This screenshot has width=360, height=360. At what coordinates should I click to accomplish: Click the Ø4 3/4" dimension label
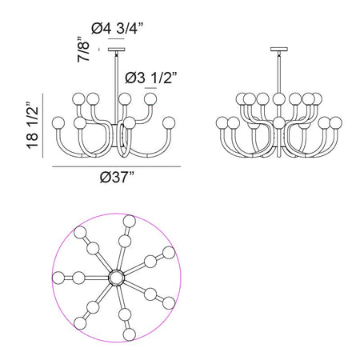[118, 28]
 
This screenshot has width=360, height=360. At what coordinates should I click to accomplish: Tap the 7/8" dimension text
[83, 50]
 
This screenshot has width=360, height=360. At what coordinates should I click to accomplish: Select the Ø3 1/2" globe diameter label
[151, 78]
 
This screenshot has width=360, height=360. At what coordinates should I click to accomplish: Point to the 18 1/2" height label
[33, 125]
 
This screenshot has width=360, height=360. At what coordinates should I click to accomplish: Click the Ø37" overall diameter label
[117, 177]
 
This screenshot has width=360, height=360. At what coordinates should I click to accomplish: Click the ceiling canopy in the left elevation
[117, 50]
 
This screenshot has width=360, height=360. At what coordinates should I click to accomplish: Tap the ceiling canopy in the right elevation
[279, 50]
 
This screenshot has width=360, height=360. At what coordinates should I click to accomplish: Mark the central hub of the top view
[117, 278]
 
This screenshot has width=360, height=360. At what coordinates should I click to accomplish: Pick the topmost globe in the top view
[130, 222]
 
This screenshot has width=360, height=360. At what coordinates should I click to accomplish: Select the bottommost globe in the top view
[130, 334]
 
